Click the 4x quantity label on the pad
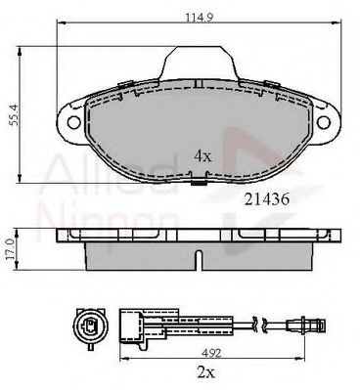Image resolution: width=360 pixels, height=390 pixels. pyautogui.click(x=202, y=153)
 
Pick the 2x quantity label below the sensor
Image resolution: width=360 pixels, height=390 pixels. pyautogui.click(x=202, y=371)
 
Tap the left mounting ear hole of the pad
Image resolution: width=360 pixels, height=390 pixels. pyautogui.click(x=71, y=121)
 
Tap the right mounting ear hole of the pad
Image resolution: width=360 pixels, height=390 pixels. pyautogui.click(x=325, y=121)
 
